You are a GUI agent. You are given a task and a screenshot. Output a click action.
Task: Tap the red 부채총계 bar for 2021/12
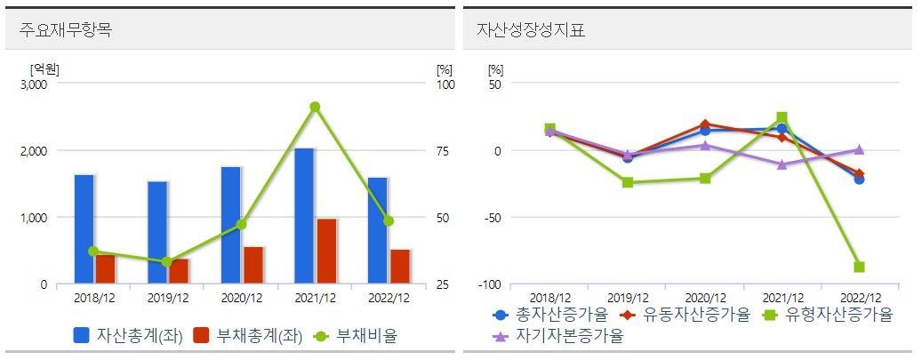point(326,251)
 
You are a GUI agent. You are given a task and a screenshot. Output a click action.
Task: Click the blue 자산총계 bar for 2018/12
point(84,229)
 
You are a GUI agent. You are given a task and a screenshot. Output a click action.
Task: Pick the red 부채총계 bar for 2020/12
point(253,265)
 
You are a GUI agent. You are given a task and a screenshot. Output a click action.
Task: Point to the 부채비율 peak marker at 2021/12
point(315,107)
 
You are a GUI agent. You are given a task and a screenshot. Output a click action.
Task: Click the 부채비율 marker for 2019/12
point(167,261)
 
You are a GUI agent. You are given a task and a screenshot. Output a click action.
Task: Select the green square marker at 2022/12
point(859,267)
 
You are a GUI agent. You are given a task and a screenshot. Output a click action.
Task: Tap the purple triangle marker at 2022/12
point(859,149)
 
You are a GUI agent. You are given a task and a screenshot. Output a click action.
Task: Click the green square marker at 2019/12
point(628,182)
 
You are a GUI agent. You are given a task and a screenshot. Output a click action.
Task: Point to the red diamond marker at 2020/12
point(705,124)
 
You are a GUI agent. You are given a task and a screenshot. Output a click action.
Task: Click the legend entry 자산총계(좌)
point(128,336)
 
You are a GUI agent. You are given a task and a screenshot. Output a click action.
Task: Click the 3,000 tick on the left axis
point(34,84)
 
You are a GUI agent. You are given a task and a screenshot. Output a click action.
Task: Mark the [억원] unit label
point(44,68)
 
